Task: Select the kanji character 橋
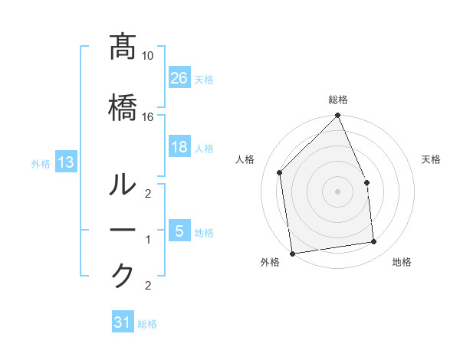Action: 123,106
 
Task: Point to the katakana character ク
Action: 123,276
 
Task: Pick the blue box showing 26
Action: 179,78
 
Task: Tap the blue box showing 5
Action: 179,231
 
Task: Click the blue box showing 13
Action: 66,162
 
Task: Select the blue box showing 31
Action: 123,322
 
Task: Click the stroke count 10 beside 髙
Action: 148,57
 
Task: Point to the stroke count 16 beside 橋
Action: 148,117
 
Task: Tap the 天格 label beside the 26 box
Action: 204,79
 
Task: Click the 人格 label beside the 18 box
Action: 204,148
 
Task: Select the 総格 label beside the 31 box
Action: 147,324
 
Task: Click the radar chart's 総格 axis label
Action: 337,100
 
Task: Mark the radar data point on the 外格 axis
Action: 292,253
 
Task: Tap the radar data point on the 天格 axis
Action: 366,182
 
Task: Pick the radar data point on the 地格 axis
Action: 374,242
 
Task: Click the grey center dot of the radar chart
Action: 337,191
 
